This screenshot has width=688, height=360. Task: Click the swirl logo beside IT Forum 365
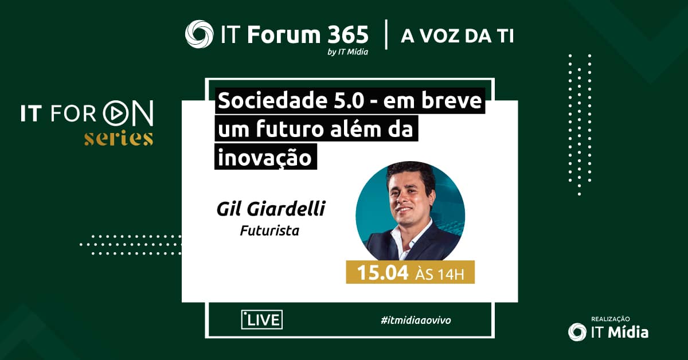(x=199, y=34)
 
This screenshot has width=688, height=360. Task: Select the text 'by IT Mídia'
(x=347, y=52)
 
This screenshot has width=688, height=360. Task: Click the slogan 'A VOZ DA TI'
(x=457, y=36)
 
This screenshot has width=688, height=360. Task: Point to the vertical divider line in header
(x=386, y=34)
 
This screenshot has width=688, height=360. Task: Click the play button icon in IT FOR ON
(x=115, y=114)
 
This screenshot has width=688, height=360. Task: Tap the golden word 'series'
(x=119, y=139)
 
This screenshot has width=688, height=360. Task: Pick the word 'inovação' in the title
(x=265, y=158)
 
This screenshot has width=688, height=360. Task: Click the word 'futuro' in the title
(x=291, y=130)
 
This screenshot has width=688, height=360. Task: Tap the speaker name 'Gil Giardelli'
(x=271, y=209)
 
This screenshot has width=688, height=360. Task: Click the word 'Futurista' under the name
(x=269, y=230)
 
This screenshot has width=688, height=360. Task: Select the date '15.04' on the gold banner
(x=383, y=272)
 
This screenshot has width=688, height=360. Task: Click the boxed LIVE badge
(x=261, y=320)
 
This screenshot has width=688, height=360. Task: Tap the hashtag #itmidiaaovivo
(x=416, y=320)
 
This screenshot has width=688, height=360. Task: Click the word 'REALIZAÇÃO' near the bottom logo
(x=610, y=319)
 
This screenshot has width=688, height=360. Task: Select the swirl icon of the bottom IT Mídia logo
(x=577, y=332)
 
